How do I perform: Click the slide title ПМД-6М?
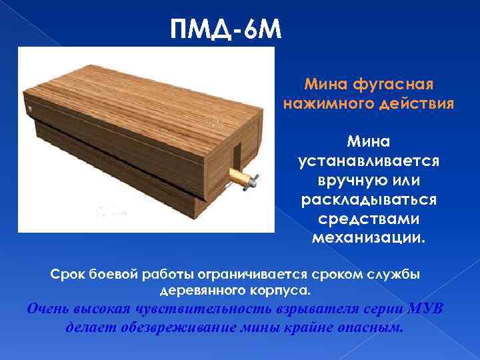tap(227, 30)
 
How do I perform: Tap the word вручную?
tap(347, 181)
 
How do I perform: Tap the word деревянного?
tap(203, 291)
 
